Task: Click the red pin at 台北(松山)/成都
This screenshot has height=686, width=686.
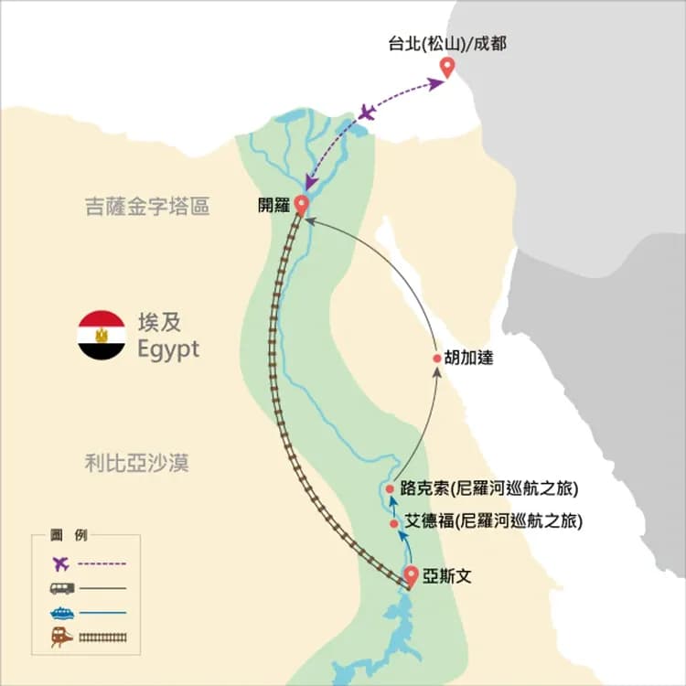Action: tap(447, 67)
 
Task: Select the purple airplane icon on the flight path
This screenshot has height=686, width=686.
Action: tap(368, 113)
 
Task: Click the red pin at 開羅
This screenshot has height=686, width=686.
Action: tap(301, 204)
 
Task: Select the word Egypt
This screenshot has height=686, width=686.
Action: tap(167, 349)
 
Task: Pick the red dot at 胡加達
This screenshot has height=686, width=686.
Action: tap(436, 359)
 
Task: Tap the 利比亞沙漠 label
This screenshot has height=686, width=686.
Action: tap(135, 463)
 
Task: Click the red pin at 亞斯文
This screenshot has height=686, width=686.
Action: tap(411, 575)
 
